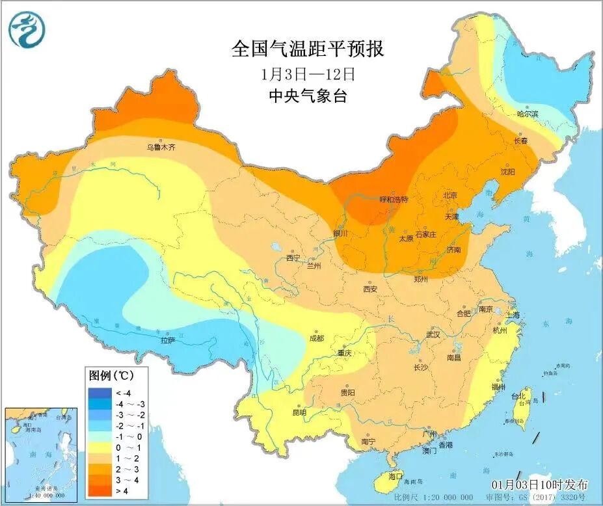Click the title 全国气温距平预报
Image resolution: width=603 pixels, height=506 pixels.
pyautogui.click(x=308, y=48)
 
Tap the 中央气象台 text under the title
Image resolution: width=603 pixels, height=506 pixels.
pyautogui.click(x=308, y=96)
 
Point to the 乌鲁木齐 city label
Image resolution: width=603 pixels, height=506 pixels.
pyautogui.click(x=161, y=148)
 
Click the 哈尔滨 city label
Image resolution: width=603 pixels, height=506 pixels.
pyautogui.click(x=528, y=114)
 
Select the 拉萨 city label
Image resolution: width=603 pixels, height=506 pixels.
pyautogui.click(x=168, y=340)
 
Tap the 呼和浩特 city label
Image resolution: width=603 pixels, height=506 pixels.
pyautogui.click(x=394, y=200)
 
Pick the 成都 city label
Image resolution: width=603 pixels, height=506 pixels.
pyautogui.click(x=317, y=338)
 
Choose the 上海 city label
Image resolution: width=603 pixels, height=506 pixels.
pyautogui.click(x=512, y=315)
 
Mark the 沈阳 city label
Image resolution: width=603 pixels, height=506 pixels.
pyautogui.click(x=507, y=172)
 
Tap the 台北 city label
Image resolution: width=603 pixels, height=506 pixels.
pyautogui.click(x=518, y=395)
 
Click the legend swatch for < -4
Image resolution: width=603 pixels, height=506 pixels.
pyautogui.click(x=101, y=392)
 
